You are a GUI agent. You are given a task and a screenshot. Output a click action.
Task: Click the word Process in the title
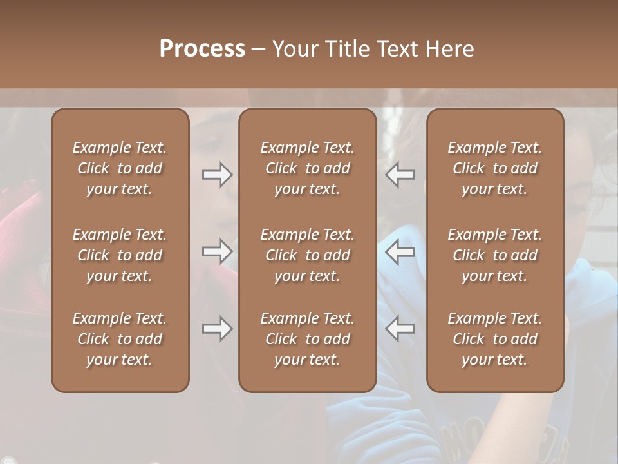click(202, 49)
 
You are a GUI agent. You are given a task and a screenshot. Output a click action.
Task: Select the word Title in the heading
click(345, 49)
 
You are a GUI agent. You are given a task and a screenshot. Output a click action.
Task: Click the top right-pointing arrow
click(218, 175)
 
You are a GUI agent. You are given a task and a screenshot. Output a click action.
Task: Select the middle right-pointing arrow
click(218, 252)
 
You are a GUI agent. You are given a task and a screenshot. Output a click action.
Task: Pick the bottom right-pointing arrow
click(218, 329)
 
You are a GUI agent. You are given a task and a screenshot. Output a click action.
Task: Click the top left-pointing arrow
click(400, 175)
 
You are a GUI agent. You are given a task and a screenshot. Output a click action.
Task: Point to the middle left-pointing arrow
click(400, 252)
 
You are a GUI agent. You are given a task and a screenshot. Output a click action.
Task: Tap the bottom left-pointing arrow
click(400, 329)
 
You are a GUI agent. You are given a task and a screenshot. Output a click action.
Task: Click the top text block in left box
click(120, 168)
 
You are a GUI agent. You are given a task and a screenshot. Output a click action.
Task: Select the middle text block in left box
click(120, 255)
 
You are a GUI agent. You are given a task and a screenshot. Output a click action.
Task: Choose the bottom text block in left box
click(120, 339)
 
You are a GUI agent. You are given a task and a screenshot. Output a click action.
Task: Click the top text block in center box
click(307, 168)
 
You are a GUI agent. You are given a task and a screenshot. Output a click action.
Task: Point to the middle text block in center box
click(307, 255)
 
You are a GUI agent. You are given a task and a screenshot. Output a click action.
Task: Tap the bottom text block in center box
click(307, 339)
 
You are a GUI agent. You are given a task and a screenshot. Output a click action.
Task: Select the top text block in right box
click(494, 168)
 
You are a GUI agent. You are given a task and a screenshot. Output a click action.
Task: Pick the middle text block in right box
click(494, 255)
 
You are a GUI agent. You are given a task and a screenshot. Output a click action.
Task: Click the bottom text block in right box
click(494, 339)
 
